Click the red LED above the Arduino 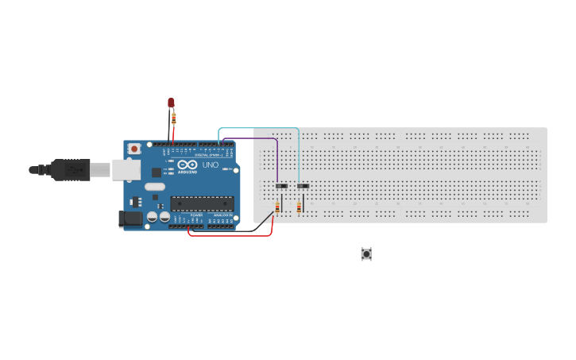pyautogui.click(x=171, y=103)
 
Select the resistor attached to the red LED pyautogui.click(x=174, y=118)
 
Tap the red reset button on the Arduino pyautogui.click(x=135, y=149)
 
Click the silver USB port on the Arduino pyautogui.click(x=124, y=168)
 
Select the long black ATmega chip pyautogui.click(x=203, y=203)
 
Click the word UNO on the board pyautogui.click(x=210, y=165)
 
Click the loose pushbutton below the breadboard pyautogui.click(x=366, y=254)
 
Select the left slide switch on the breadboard pyautogui.click(x=280, y=187)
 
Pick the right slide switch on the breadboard pyautogui.click(x=303, y=187)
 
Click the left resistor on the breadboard pyautogui.click(x=276, y=208)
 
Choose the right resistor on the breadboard pyautogui.click(x=298, y=208)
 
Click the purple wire pyautogui.click(x=254, y=138)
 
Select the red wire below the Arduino pyautogui.click(x=230, y=235)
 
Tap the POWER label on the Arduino pyautogui.click(x=196, y=215)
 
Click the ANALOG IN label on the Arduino pyautogui.click(x=222, y=215)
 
